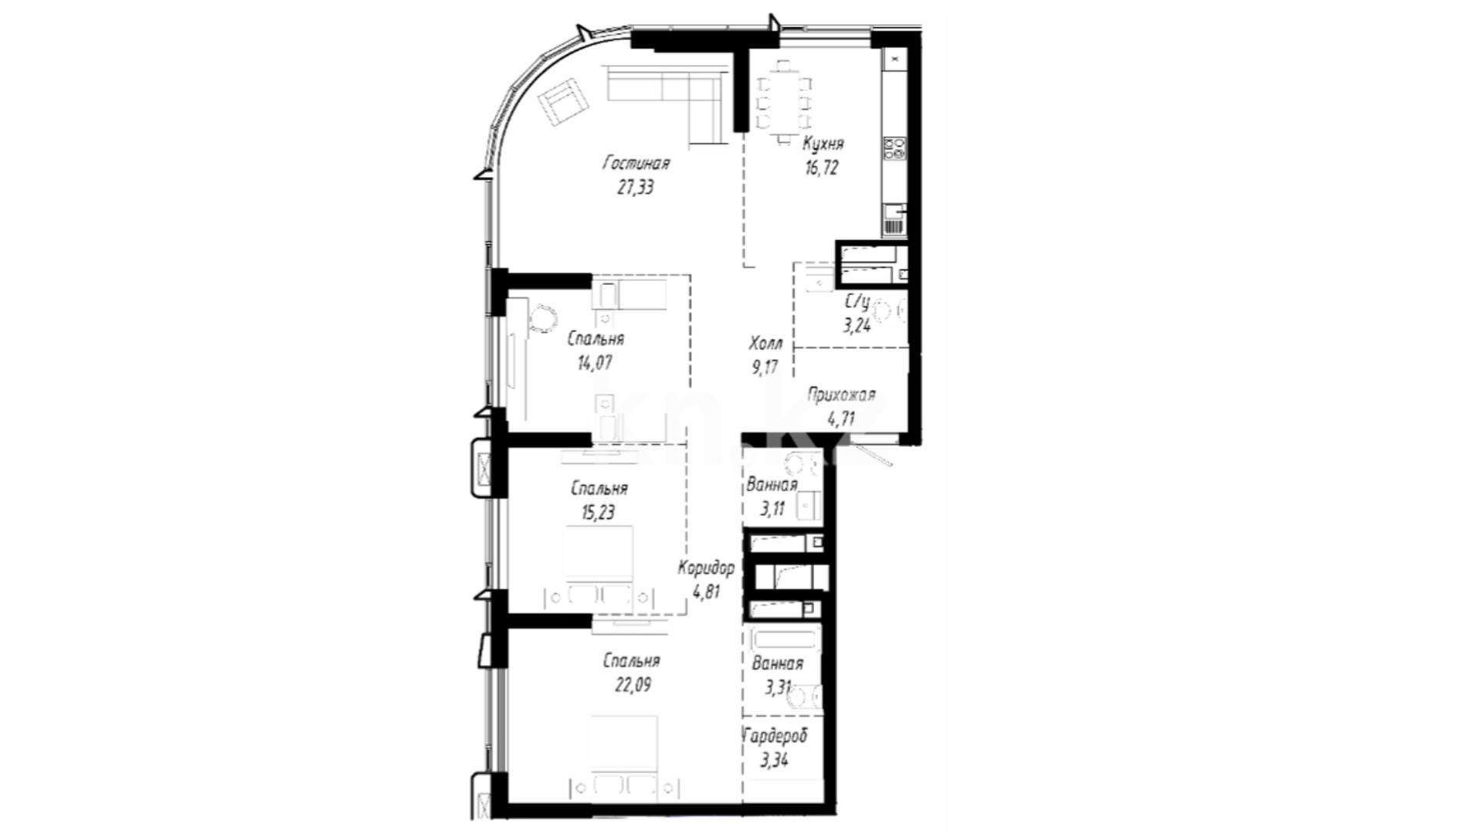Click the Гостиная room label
point(636,164)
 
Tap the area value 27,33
point(636,188)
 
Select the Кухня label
point(823,144)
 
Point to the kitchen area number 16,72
point(822,168)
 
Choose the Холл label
point(765,343)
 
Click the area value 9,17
point(765,367)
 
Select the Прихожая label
point(841,395)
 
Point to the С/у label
point(857,302)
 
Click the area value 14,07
point(595,362)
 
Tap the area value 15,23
point(599,512)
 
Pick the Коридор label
point(706,568)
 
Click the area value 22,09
point(632,684)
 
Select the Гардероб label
point(775,735)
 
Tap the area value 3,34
point(774,760)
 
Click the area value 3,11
point(772,509)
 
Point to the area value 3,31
point(777,687)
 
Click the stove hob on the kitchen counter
point(895,147)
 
